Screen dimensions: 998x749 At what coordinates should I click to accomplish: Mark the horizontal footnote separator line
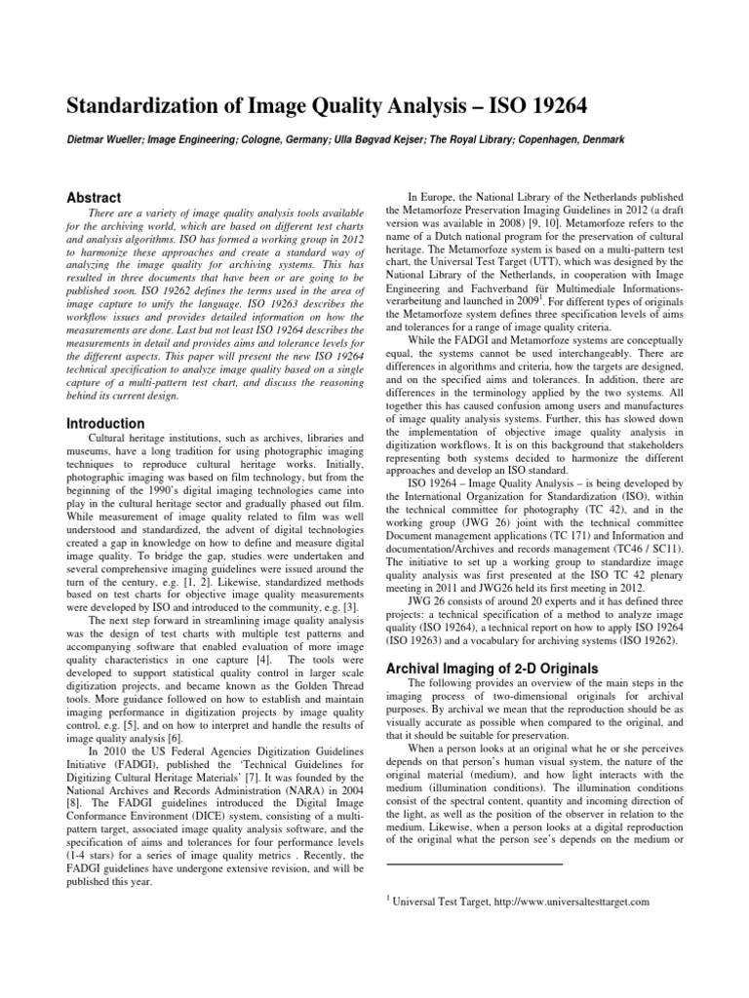pos(475,864)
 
